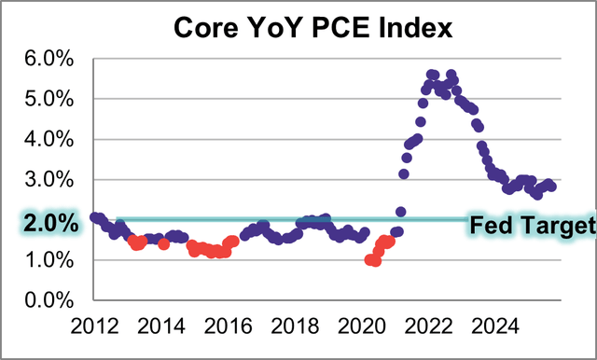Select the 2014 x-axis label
(x=163, y=325)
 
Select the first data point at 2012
(x=95, y=217)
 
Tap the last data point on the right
(x=551, y=186)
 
